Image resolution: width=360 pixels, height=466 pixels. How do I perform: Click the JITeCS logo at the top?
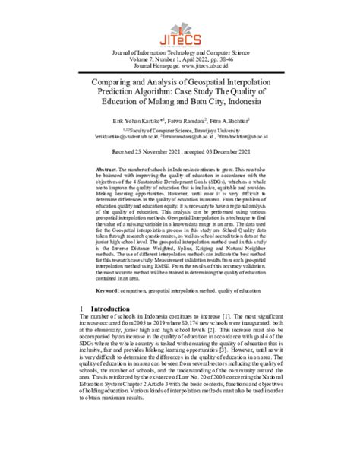coord(180,29)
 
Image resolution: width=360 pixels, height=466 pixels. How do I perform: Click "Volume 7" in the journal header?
coord(129,59)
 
